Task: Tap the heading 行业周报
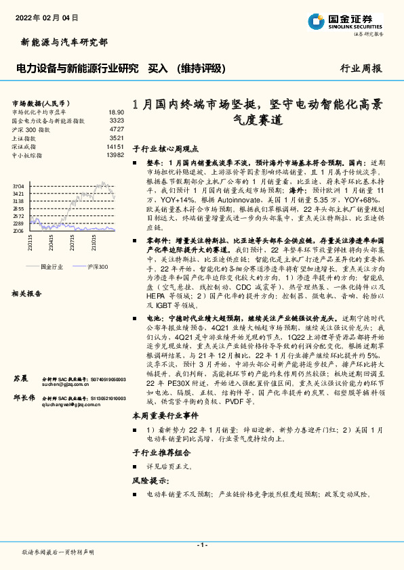361,68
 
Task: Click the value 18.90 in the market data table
116,112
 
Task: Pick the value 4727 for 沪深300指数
117,129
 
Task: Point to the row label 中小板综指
27,155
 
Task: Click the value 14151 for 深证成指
115,146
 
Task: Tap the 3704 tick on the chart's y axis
18,185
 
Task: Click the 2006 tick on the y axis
18,231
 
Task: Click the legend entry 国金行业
52,267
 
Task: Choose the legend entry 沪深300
98,267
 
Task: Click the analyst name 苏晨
20,377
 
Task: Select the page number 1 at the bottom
202,545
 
